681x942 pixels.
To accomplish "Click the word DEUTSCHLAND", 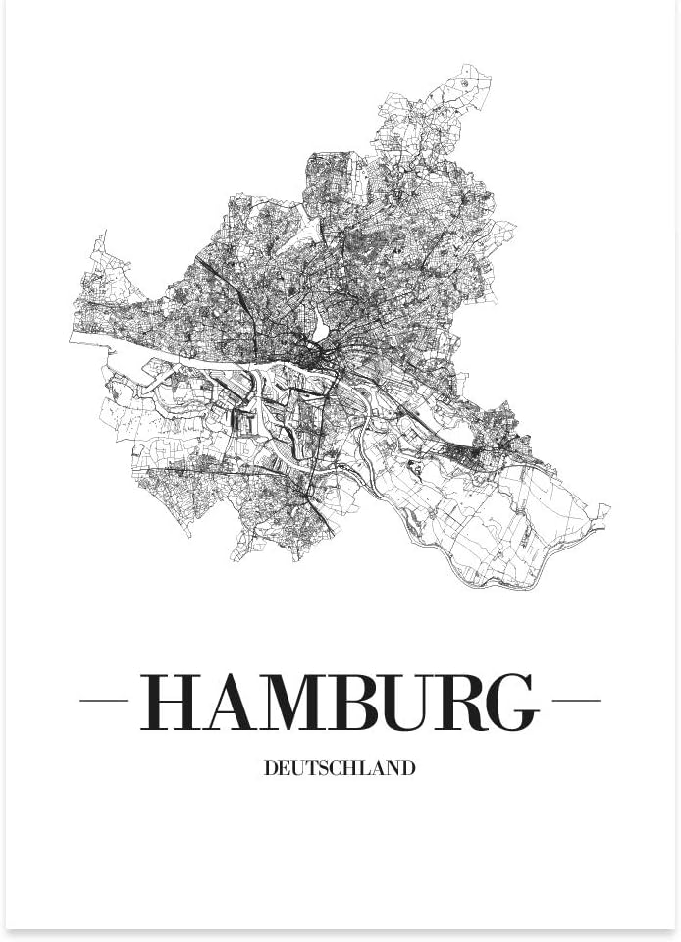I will tap(340, 768).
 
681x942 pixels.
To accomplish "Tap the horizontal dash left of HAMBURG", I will tap(103, 701).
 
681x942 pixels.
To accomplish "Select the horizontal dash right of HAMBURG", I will tap(576, 701).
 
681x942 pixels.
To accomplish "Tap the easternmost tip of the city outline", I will tap(609, 508).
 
